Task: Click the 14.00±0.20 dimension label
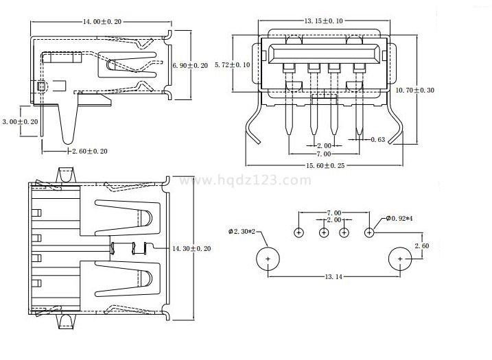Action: point(102,22)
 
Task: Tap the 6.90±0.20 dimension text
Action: point(190,65)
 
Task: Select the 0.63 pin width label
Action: point(377,140)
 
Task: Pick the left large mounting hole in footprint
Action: point(268,259)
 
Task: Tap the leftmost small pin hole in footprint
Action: point(299,232)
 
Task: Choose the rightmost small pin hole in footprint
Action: point(369,232)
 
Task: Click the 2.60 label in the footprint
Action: point(422,245)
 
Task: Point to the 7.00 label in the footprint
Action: point(334,213)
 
